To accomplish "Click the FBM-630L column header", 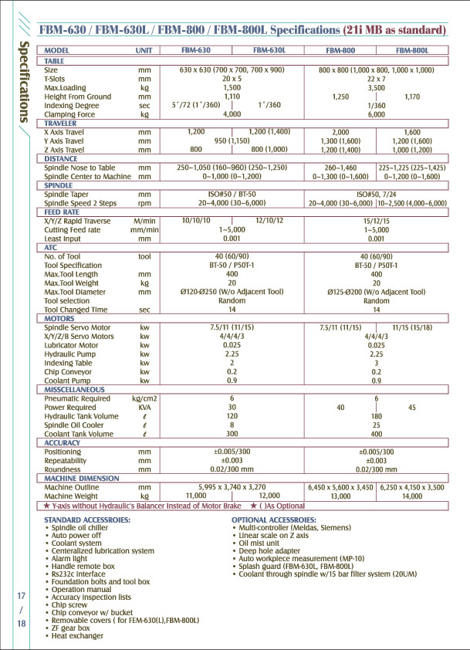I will tap(270, 49).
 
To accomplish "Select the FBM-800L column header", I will tap(413, 49).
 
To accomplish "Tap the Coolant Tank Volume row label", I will tap(77, 434).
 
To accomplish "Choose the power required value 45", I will tap(412, 407).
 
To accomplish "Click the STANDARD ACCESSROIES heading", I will tap(87, 520).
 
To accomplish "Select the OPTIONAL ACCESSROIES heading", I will tap(274, 520).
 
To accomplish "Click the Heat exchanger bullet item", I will tap(77, 636).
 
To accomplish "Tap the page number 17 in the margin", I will tap(22, 596).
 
